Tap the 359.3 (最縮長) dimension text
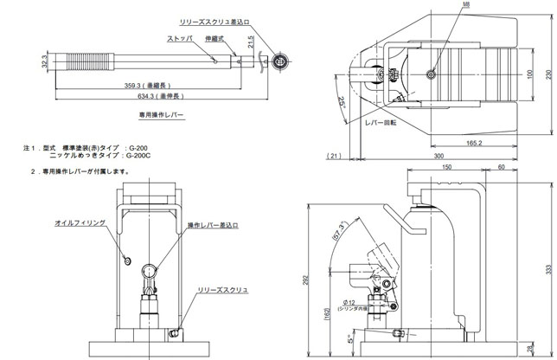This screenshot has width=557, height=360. click(x=144, y=87)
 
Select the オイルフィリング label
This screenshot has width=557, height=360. click(x=80, y=222)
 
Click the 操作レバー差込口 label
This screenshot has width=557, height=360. click(x=214, y=227)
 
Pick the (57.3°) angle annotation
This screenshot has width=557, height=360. click(x=340, y=234)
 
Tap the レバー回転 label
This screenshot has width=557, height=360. click(x=380, y=123)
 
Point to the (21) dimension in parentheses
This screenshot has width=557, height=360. click(x=334, y=156)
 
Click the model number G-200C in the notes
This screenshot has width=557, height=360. click(x=141, y=156)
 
